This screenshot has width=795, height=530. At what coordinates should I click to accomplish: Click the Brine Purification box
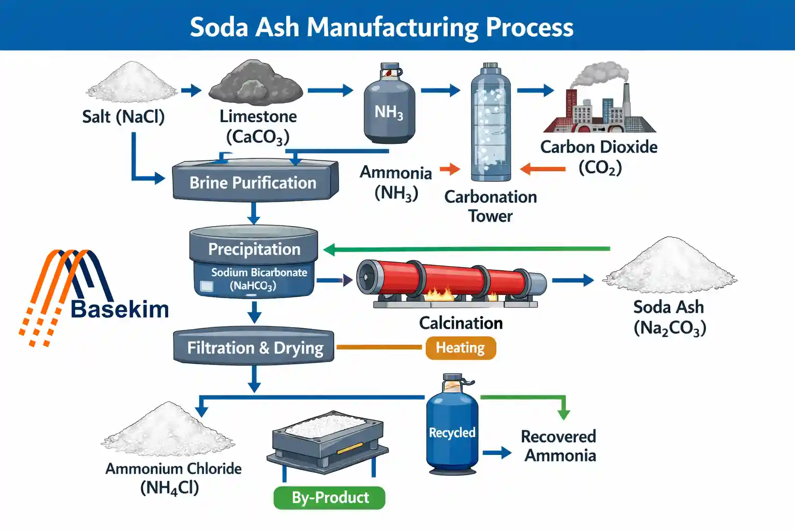pyautogui.click(x=254, y=182)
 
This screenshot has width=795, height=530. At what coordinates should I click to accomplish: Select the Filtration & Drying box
pyautogui.click(x=254, y=347)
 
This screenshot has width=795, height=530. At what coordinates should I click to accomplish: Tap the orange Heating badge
pyautogui.click(x=461, y=348)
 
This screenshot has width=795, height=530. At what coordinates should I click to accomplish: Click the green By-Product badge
pyautogui.click(x=330, y=497)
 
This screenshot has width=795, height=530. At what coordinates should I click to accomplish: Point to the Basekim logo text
pyautogui.click(x=120, y=309)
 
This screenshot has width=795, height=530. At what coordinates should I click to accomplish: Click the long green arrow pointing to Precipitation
pyautogui.click(x=466, y=249)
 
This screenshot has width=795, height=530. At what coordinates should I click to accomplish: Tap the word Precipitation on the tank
pyautogui.click(x=254, y=249)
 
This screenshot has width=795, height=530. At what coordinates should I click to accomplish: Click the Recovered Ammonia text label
pyautogui.click(x=559, y=446)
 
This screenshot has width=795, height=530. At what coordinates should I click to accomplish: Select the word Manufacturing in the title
pyautogui.click(x=393, y=27)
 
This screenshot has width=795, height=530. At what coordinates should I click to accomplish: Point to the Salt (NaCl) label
pyautogui.click(x=123, y=116)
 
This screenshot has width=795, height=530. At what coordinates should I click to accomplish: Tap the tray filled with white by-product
pyautogui.click(x=327, y=440)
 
